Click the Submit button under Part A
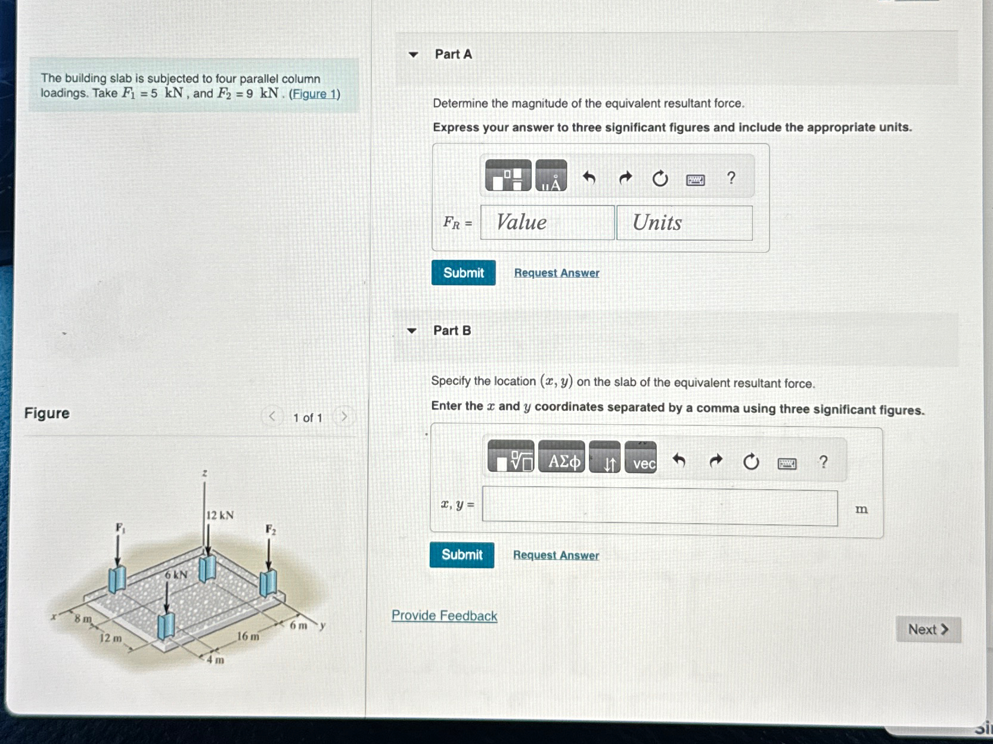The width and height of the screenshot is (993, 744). pyautogui.click(x=463, y=273)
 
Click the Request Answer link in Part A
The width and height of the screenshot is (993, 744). pyautogui.click(x=556, y=273)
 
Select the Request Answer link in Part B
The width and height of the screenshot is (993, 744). pyautogui.click(x=556, y=555)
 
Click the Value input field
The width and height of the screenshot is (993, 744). pyautogui.click(x=547, y=223)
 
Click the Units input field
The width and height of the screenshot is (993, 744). pyautogui.click(x=684, y=223)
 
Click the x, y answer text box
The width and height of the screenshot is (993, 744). pyautogui.click(x=659, y=508)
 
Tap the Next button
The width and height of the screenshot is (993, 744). pyautogui.click(x=927, y=630)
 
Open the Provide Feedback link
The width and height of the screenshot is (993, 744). pyautogui.click(x=444, y=615)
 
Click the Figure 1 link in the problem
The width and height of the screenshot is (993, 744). pyautogui.click(x=314, y=94)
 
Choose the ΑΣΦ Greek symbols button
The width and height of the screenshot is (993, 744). pyautogui.click(x=561, y=462)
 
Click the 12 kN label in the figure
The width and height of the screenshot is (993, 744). pyautogui.click(x=220, y=515)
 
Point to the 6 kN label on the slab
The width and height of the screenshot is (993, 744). pyautogui.click(x=176, y=575)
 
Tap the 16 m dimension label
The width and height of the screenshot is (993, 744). pyautogui.click(x=248, y=636)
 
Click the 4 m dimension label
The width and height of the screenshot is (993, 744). pyautogui.click(x=215, y=659)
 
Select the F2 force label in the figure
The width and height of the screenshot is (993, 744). pyautogui.click(x=271, y=530)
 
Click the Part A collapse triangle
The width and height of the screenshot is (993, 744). pyautogui.click(x=413, y=55)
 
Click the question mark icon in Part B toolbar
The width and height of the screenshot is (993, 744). pyautogui.click(x=823, y=462)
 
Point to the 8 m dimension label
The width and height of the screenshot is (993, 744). pyautogui.click(x=83, y=619)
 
